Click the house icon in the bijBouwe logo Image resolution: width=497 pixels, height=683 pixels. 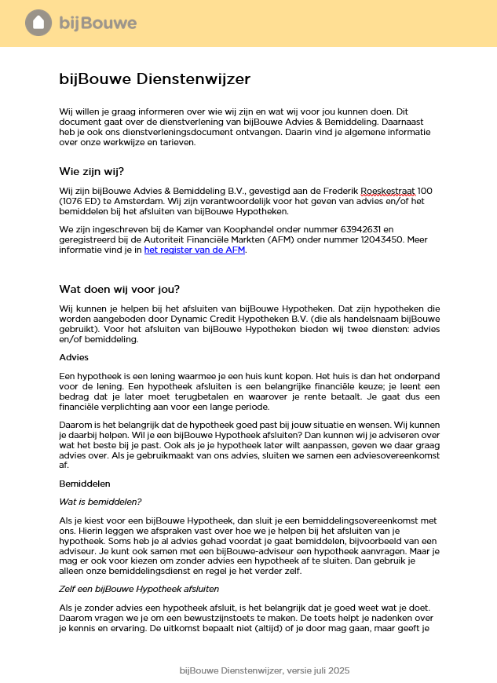point(38,24)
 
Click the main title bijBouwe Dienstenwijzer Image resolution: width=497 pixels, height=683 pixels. point(155,79)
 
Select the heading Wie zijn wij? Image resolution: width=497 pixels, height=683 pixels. point(91,172)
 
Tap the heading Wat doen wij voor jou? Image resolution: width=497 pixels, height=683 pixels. point(119,288)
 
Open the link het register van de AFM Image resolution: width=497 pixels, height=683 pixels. point(195,250)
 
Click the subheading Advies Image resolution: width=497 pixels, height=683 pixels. point(75,357)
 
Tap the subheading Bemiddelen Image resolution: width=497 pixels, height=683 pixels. point(85,484)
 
